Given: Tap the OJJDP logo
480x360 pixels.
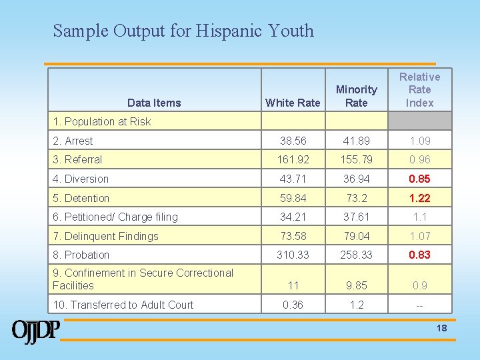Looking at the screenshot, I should [x=36, y=331].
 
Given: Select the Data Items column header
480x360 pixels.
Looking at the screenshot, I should [x=154, y=103].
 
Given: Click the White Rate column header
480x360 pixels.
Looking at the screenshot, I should [x=293, y=103].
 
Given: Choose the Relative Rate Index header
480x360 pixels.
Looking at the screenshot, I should [x=420, y=89].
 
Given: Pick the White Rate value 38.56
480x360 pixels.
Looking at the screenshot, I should [x=293, y=141].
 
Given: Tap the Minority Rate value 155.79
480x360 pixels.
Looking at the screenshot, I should [x=357, y=159].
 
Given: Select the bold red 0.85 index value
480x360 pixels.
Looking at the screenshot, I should [x=420, y=179].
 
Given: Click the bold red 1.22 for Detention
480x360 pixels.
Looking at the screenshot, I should [x=420, y=198].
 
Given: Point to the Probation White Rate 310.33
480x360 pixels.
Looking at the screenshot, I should [x=293, y=255].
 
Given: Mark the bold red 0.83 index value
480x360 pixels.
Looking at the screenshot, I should [x=420, y=255].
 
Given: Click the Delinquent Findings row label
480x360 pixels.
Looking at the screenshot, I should [x=105, y=236].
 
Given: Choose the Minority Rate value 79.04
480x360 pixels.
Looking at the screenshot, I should [x=357, y=236].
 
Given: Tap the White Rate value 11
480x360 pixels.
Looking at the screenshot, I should [x=293, y=285].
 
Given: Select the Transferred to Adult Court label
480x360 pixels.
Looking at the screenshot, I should [x=123, y=305].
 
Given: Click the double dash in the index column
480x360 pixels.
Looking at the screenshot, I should [x=420, y=305].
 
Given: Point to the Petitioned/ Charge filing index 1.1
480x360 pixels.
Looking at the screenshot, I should [x=420, y=217].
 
